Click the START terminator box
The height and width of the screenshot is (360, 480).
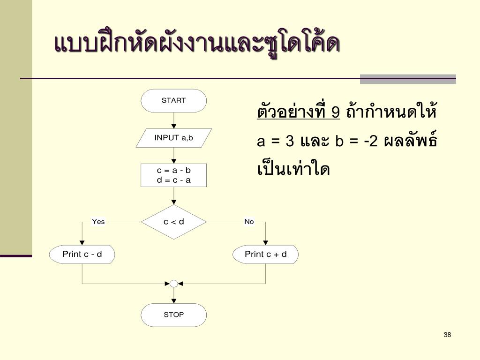coord(173,100)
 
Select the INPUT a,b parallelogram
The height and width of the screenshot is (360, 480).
coord(173,138)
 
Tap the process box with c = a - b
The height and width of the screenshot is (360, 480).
coord(173,175)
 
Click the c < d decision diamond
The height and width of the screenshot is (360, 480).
coord(173,222)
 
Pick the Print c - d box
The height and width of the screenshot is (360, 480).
coord(82,254)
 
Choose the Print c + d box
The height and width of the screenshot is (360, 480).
coord(265,254)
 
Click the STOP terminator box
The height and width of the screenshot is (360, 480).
coord(173,315)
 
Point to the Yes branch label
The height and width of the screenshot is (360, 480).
coord(98,222)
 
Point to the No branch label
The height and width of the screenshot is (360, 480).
coord(249,222)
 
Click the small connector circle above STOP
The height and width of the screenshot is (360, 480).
coord(173,284)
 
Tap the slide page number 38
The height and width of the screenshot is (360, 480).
coord(447,335)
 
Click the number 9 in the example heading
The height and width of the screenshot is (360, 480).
coord(335,113)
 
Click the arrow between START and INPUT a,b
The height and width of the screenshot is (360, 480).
coord(173,120)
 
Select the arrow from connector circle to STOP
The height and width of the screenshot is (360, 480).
coord(173,295)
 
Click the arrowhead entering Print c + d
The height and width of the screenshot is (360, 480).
coord(265,242)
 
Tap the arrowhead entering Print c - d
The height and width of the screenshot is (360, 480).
coord(82,242)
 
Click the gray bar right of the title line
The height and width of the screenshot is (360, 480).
coord(408,79)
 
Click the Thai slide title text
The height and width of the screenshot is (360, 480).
coord(197,45)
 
